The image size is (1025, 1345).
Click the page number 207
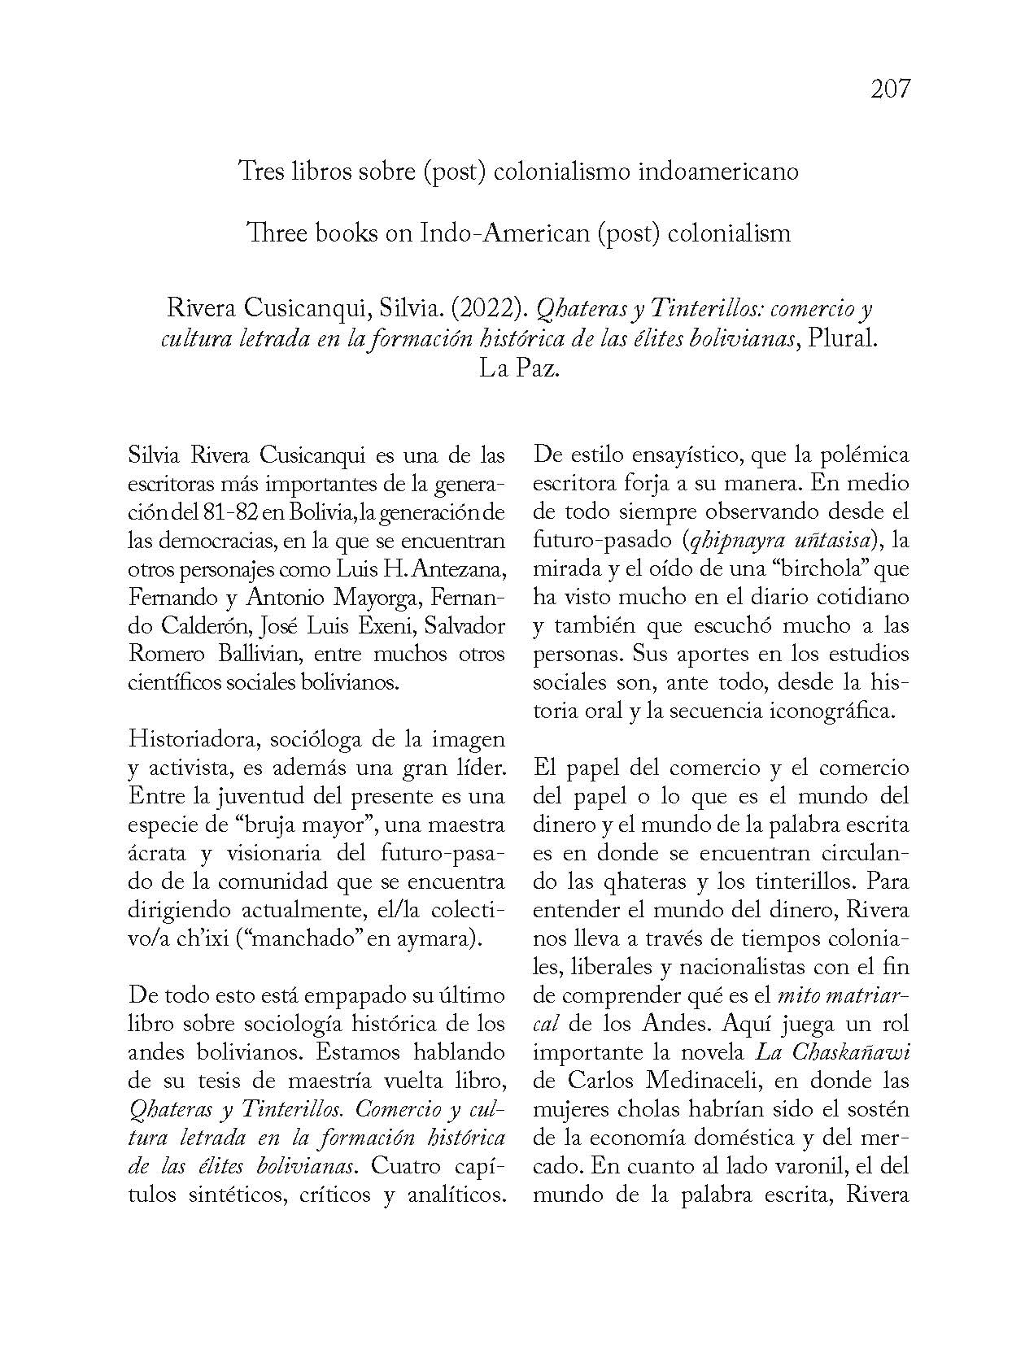tap(889, 88)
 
